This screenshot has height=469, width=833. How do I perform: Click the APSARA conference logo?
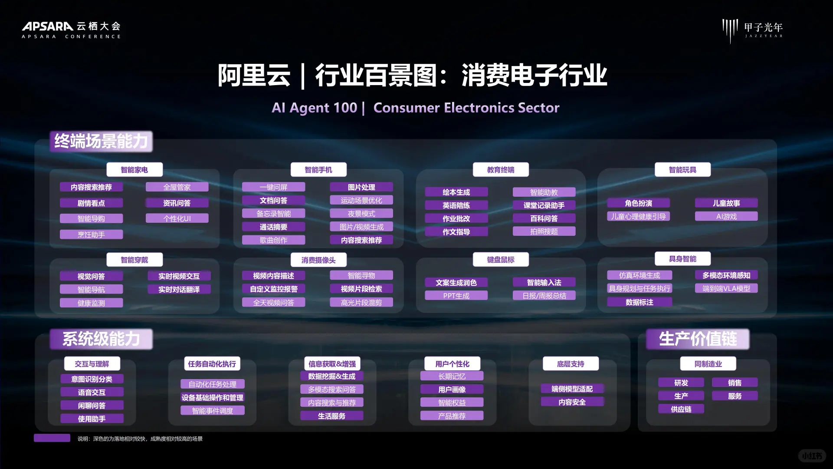click(x=71, y=30)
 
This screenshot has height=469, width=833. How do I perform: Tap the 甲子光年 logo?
click(x=753, y=30)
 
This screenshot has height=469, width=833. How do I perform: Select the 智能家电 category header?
click(x=134, y=170)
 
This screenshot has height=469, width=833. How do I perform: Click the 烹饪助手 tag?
click(x=91, y=235)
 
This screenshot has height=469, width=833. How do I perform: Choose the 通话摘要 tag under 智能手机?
click(x=273, y=227)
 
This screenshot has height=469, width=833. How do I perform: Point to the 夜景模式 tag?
click(x=361, y=214)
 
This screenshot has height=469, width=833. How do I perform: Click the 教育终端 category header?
click(x=501, y=170)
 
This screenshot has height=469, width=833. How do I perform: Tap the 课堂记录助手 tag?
click(x=544, y=205)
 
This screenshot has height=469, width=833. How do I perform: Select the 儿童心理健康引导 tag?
click(x=638, y=216)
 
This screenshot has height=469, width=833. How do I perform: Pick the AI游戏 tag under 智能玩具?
click(x=726, y=216)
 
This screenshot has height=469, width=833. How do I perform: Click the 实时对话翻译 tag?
click(x=179, y=290)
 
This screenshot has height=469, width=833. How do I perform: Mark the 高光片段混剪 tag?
click(x=361, y=303)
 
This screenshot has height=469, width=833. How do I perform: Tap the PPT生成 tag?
click(x=456, y=296)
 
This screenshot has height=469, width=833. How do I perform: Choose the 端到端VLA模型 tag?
click(x=726, y=288)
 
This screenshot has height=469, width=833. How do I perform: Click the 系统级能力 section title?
click(x=101, y=339)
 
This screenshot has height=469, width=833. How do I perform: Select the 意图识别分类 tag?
click(x=92, y=379)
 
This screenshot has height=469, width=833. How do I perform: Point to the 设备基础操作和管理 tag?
click(x=213, y=397)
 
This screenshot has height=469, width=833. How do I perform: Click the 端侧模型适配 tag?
click(x=572, y=389)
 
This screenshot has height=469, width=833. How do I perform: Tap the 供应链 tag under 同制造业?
click(x=681, y=409)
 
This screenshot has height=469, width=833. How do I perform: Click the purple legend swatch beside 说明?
click(x=52, y=438)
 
